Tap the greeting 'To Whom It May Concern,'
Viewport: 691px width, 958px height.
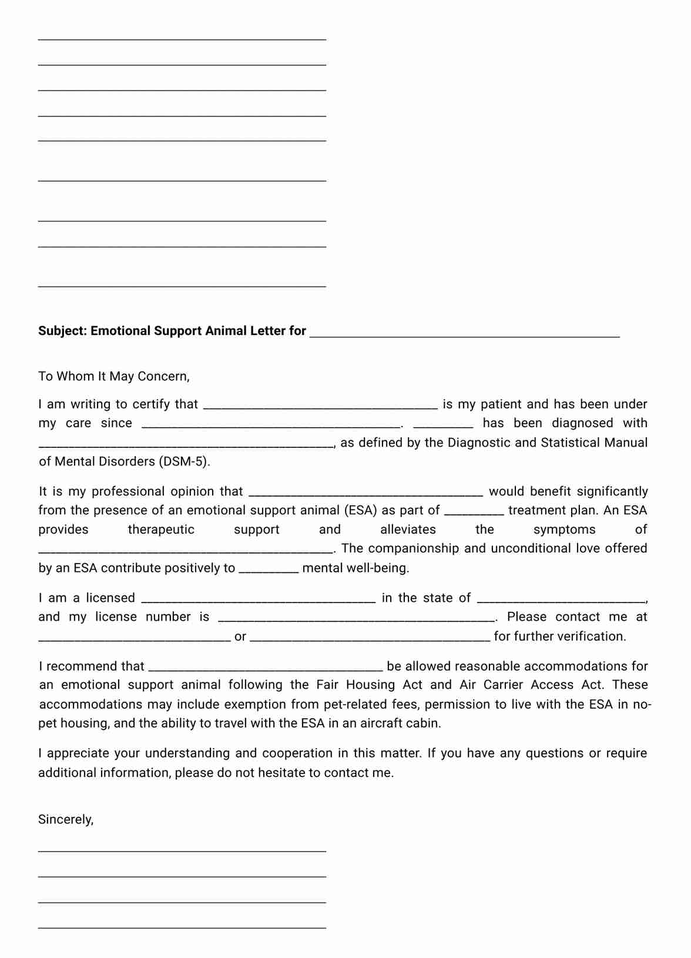coord(114,376)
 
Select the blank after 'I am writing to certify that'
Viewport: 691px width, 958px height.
coord(320,406)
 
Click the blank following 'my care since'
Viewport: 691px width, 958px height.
coord(271,425)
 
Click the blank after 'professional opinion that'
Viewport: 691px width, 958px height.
coord(366,493)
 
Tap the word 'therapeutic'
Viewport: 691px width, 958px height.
coord(161,530)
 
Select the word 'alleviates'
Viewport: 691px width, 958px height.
coord(408,530)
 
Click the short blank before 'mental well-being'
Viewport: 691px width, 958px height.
coord(269,570)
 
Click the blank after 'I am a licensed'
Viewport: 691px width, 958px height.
coord(259,599)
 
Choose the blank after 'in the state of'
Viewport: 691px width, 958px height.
coord(561,599)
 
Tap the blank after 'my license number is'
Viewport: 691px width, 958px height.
coord(356,618)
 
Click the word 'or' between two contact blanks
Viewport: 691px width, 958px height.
coord(240,637)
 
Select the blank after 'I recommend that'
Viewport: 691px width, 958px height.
coord(266,668)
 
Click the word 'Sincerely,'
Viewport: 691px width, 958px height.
coord(66,819)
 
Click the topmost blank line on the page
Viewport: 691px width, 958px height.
coord(182,38)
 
